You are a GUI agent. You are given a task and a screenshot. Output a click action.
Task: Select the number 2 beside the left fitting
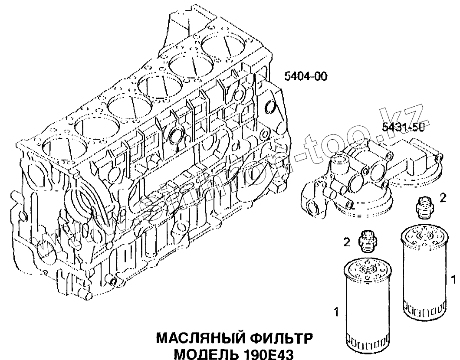(347, 242)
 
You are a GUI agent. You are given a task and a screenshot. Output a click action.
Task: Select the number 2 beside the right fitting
(443, 198)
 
